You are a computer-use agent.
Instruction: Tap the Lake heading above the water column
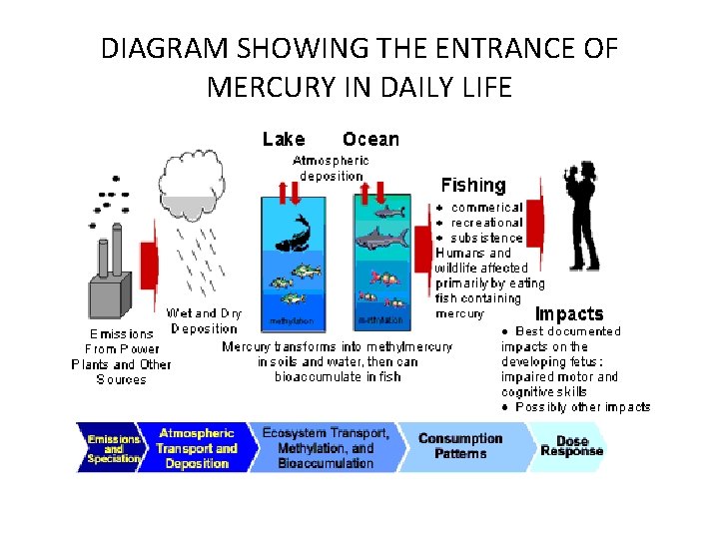click(284, 140)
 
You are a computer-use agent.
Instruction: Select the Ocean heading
click(370, 140)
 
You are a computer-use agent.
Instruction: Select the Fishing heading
click(473, 185)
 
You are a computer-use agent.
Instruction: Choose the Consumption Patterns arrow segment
click(460, 445)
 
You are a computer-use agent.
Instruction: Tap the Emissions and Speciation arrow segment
click(112, 447)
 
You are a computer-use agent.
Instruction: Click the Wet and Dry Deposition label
click(204, 320)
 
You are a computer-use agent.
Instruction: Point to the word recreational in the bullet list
click(486, 223)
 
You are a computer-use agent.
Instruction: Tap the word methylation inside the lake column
click(292, 321)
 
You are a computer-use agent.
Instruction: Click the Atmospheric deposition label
click(331, 168)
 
